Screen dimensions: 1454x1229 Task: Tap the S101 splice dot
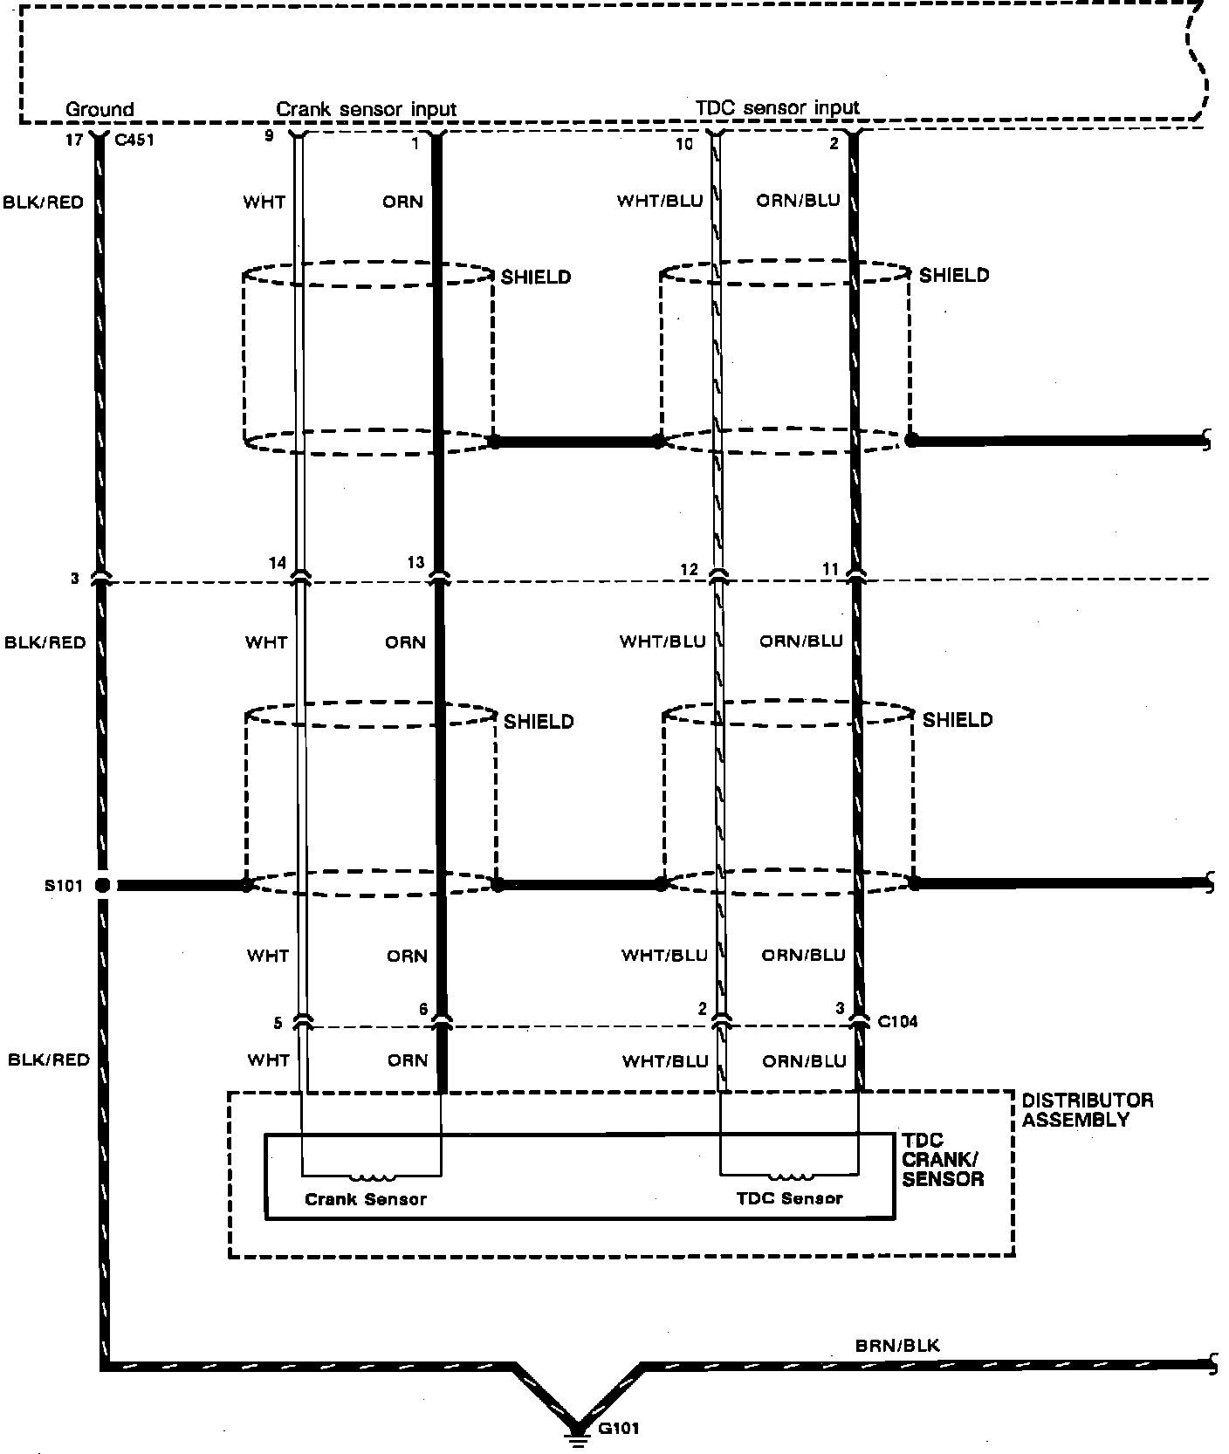pyautogui.click(x=103, y=886)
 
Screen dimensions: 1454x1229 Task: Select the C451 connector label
pyautogui.click(x=134, y=140)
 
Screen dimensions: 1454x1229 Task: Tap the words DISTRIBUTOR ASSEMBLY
pyautogui.click(x=1087, y=1109)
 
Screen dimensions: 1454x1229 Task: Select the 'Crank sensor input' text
pyautogui.click(x=367, y=109)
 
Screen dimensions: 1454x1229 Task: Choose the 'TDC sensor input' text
pyautogui.click(x=777, y=108)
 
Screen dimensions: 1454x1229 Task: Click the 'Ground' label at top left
pyautogui.click(x=100, y=109)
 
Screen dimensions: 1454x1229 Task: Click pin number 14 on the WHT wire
pyautogui.click(x=277, y=564)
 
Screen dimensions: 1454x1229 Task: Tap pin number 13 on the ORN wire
pyautogui.click(x=415, y=563)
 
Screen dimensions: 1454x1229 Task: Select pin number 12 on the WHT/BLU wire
pyautogui.click(x=690, y=570)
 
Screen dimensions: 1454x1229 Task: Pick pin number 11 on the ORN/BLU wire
pyautogui.click(x=829, y=569)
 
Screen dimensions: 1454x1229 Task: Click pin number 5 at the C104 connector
pyautogui.click(x=278, y=1023)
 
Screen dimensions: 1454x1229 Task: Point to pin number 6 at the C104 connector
pyautogui.click(x=423, y=1010)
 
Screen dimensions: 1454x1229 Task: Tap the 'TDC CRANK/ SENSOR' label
pyautogui.click(x=943, y=1161)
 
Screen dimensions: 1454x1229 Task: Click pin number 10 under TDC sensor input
pyautogui.click(x=684, y=144)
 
